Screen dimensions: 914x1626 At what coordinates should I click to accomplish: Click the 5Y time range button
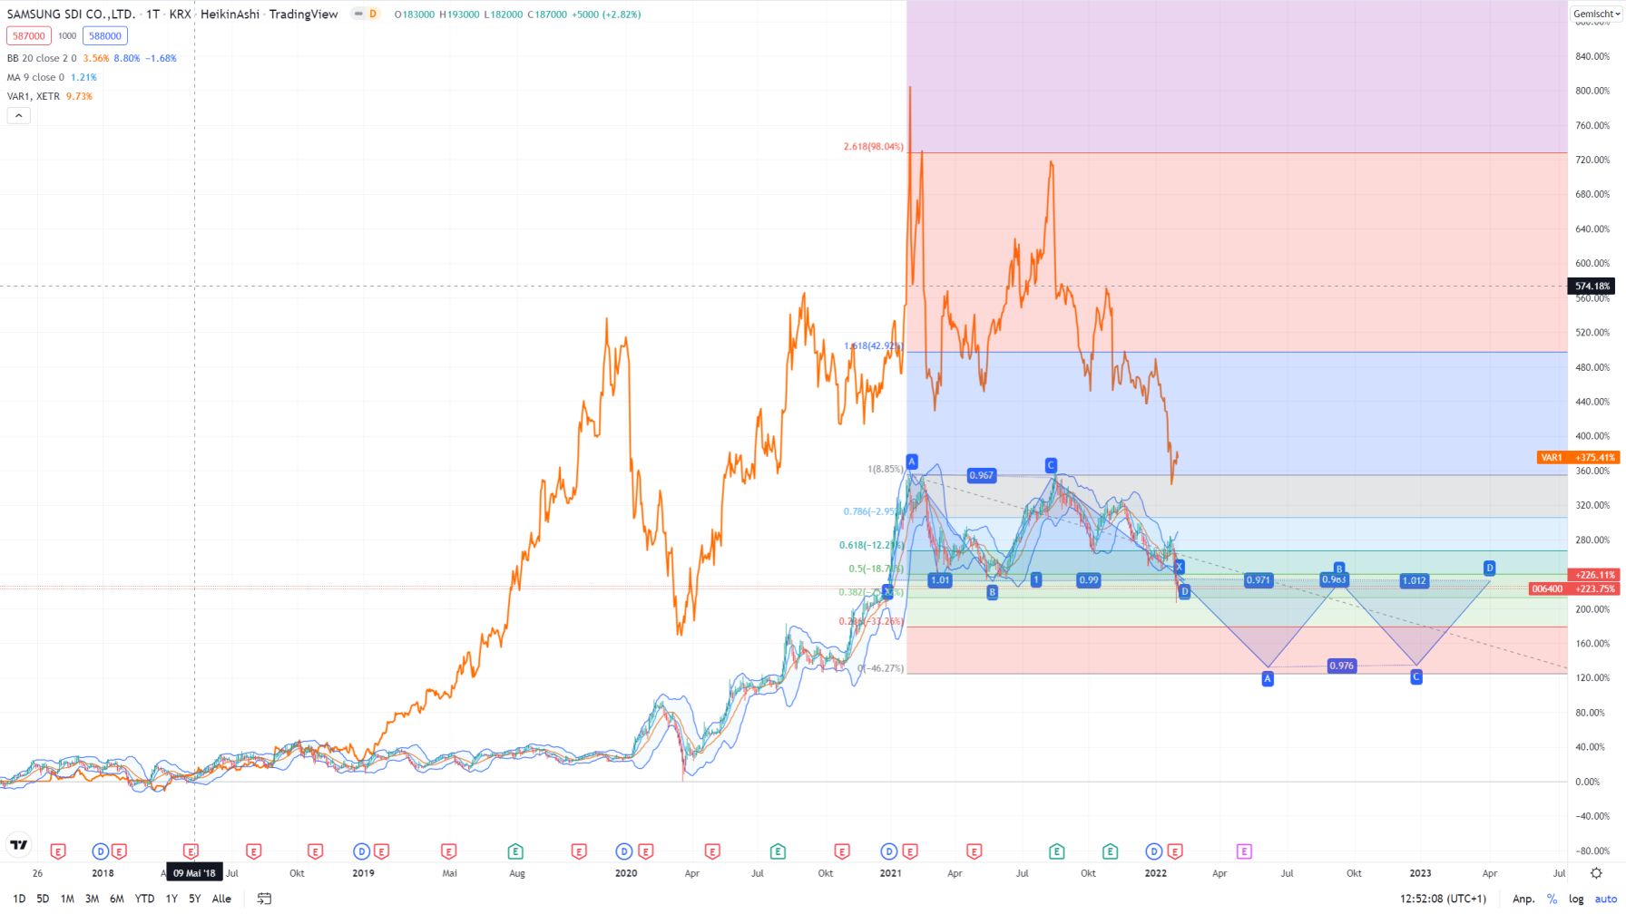(x=194, y=899)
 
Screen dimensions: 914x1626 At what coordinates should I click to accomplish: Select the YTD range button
(x=144, y=899)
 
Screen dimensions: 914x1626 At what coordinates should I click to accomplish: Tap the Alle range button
(x=221, y=899)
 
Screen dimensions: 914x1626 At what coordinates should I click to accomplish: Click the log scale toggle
(x=1576, y=899)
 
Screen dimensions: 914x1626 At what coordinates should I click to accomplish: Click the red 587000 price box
(x=28, y=36)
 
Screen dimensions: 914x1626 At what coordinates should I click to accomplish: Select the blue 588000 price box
(x=105, y=36)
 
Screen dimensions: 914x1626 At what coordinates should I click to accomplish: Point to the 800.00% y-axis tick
(x=1592, y=91)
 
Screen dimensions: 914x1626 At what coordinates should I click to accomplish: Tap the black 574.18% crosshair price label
(x=1592, y=287)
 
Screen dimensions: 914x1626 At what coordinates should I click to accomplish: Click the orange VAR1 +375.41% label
(x=1577, y=458)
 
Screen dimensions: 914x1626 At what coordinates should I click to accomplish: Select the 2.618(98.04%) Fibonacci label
(x=873, y=147)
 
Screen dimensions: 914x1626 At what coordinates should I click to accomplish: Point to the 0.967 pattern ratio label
(x=981, y=475)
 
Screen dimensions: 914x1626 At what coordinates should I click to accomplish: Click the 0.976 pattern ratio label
(x=1341, y=666)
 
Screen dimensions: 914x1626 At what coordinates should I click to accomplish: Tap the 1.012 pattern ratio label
(x=1414, y=580)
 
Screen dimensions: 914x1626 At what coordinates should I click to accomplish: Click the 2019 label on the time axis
(x=363, y=873)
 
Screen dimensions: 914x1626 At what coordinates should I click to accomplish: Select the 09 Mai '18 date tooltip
(x=194, y=873)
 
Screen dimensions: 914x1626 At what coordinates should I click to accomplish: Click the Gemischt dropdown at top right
(x=1596, y=14)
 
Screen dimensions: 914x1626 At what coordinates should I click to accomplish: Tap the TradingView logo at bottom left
(x=18, y=845)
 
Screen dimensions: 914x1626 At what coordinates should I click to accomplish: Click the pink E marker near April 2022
(x=1244, y=851)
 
